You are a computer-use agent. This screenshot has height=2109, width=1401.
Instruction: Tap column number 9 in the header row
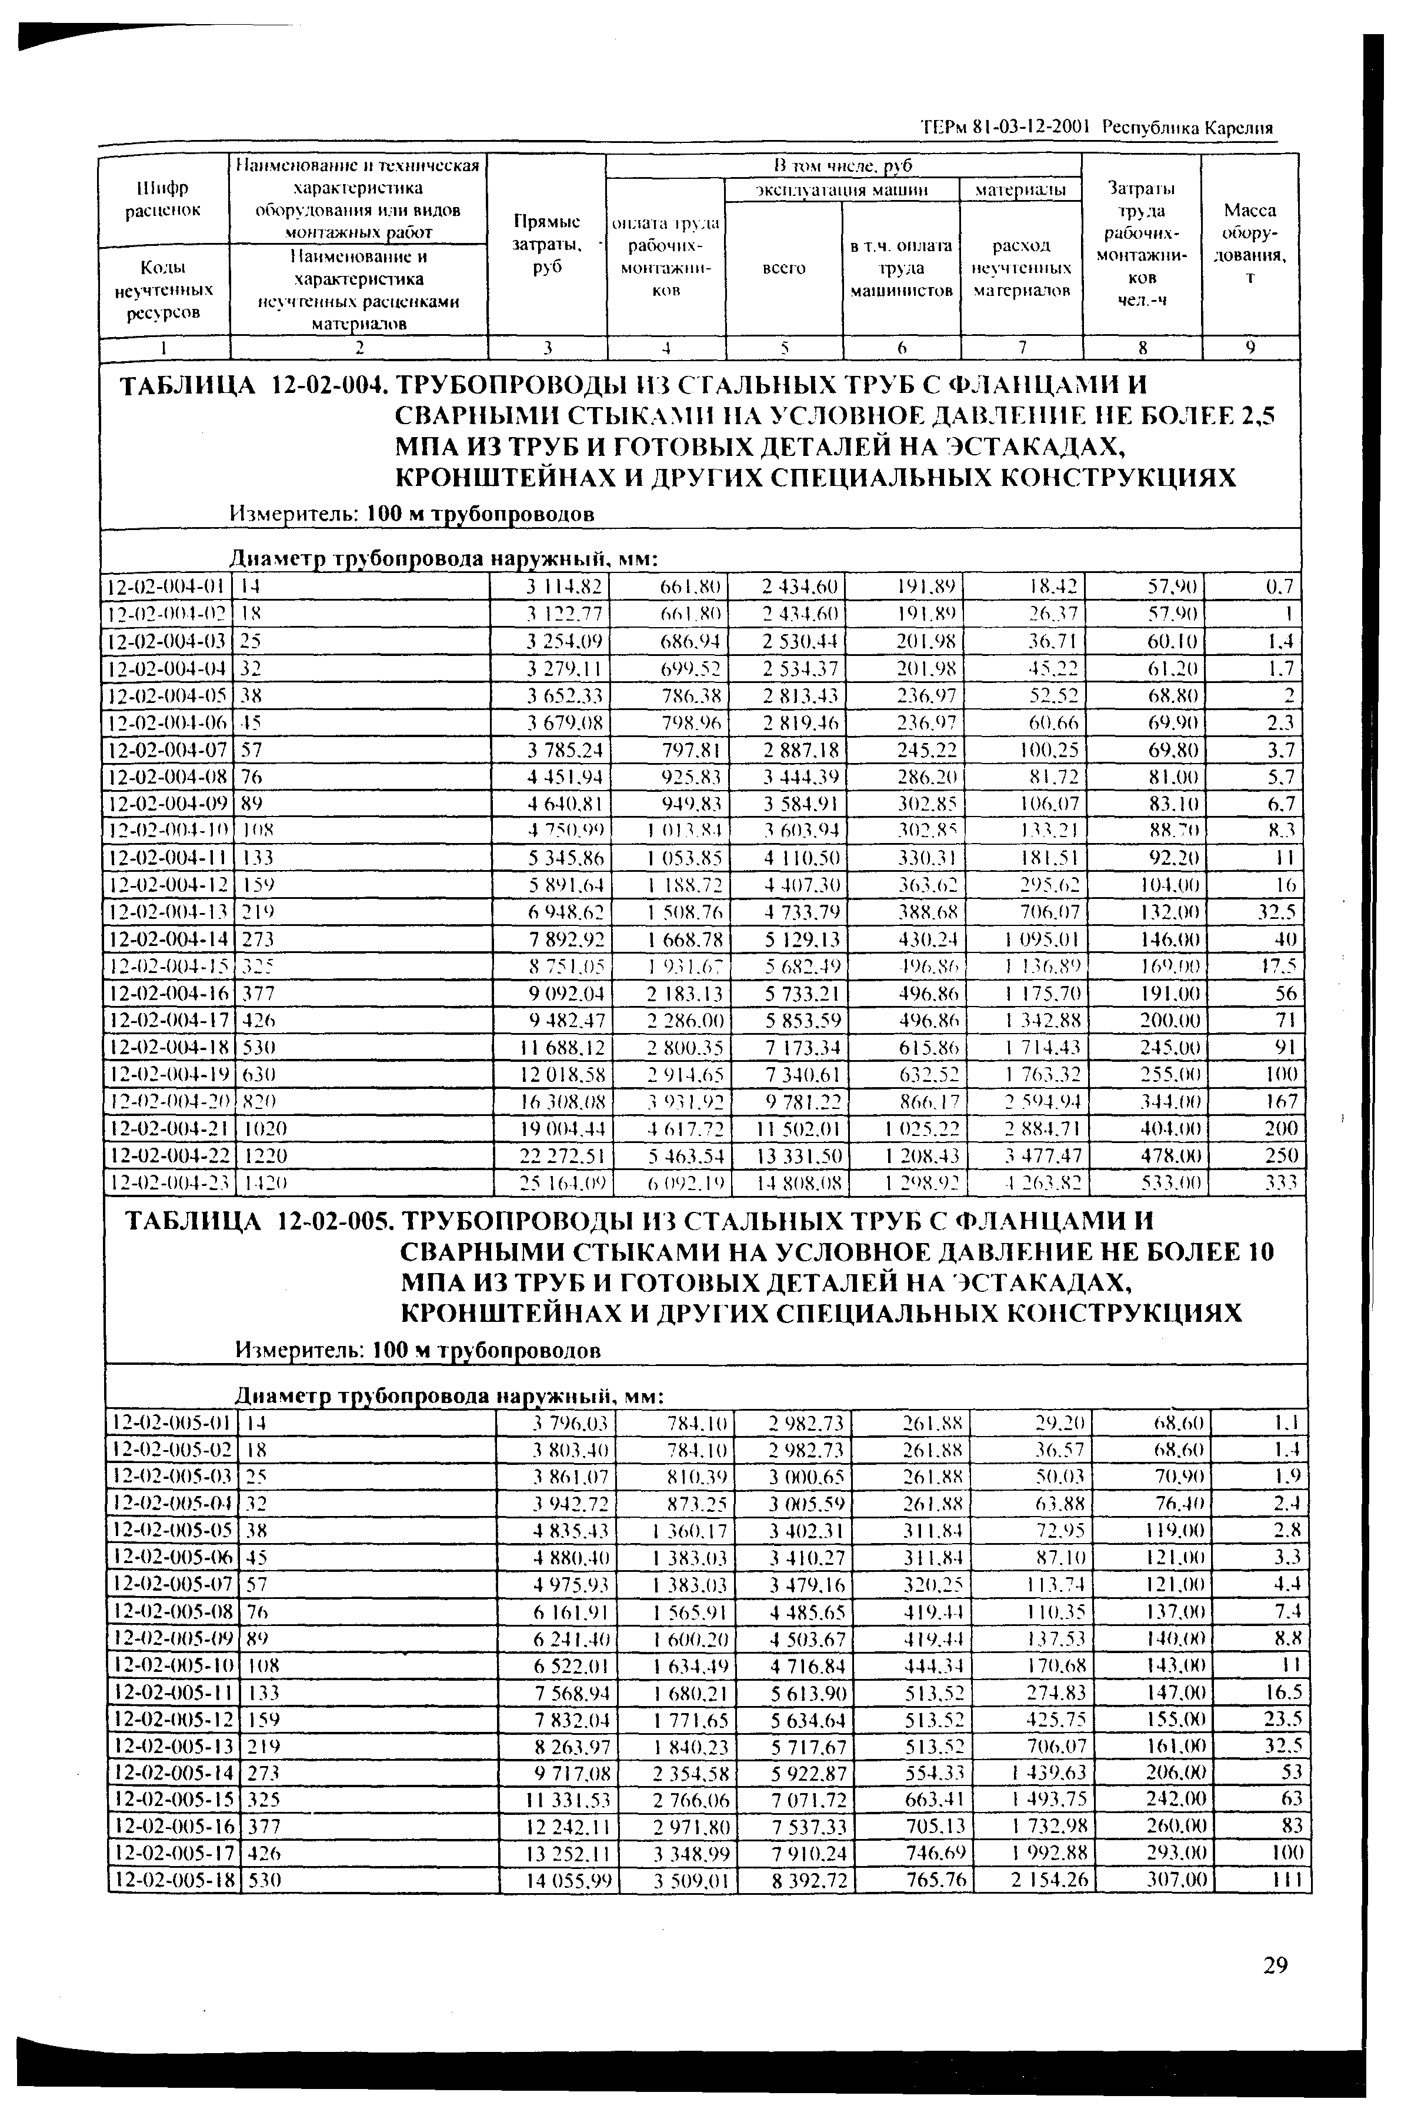[x=1250, y=348]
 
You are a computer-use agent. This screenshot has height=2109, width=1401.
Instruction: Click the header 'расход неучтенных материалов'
[x=1021, y=268]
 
